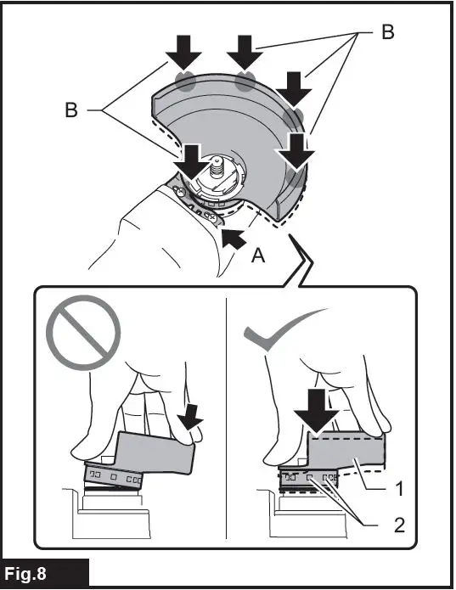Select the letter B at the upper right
pyautogui.click(x=388, y=32)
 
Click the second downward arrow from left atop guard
pyautogui.click(x=246, y=53)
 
